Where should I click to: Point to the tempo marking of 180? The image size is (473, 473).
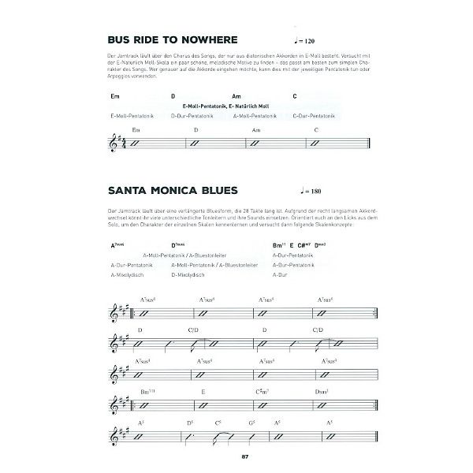[x=312, y=192]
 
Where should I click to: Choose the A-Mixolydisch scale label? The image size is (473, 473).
[x=128, y=275]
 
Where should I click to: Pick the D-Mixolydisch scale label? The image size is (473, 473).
[x=188, y=275]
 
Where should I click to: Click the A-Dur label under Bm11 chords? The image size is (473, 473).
[x=278, y=275]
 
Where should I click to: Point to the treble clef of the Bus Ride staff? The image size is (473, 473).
[x=121, y=143]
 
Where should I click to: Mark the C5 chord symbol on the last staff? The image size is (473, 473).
[x=216, y=423]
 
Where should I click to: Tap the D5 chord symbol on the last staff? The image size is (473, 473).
[x=190, y=423]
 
